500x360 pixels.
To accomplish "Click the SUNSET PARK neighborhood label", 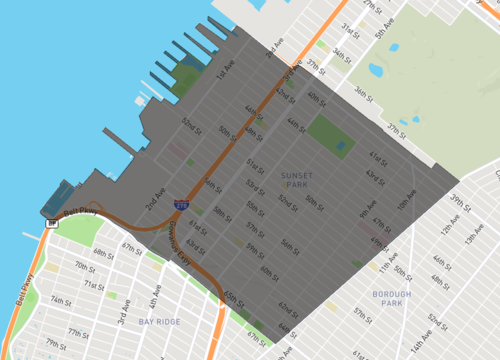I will click(x=295, y=179).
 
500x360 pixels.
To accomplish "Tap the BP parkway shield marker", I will click(x=50, y=224).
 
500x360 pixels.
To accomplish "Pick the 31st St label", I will click(x=349, y=28).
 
